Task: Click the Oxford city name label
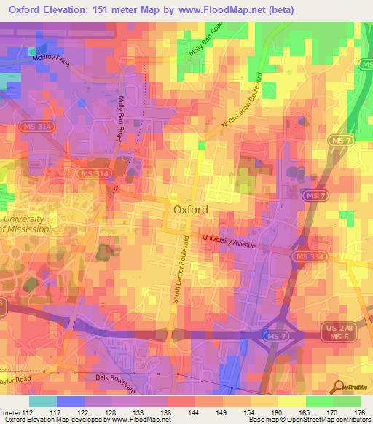click(x=192, y=210)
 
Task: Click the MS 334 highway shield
click(x=307, y=257)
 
